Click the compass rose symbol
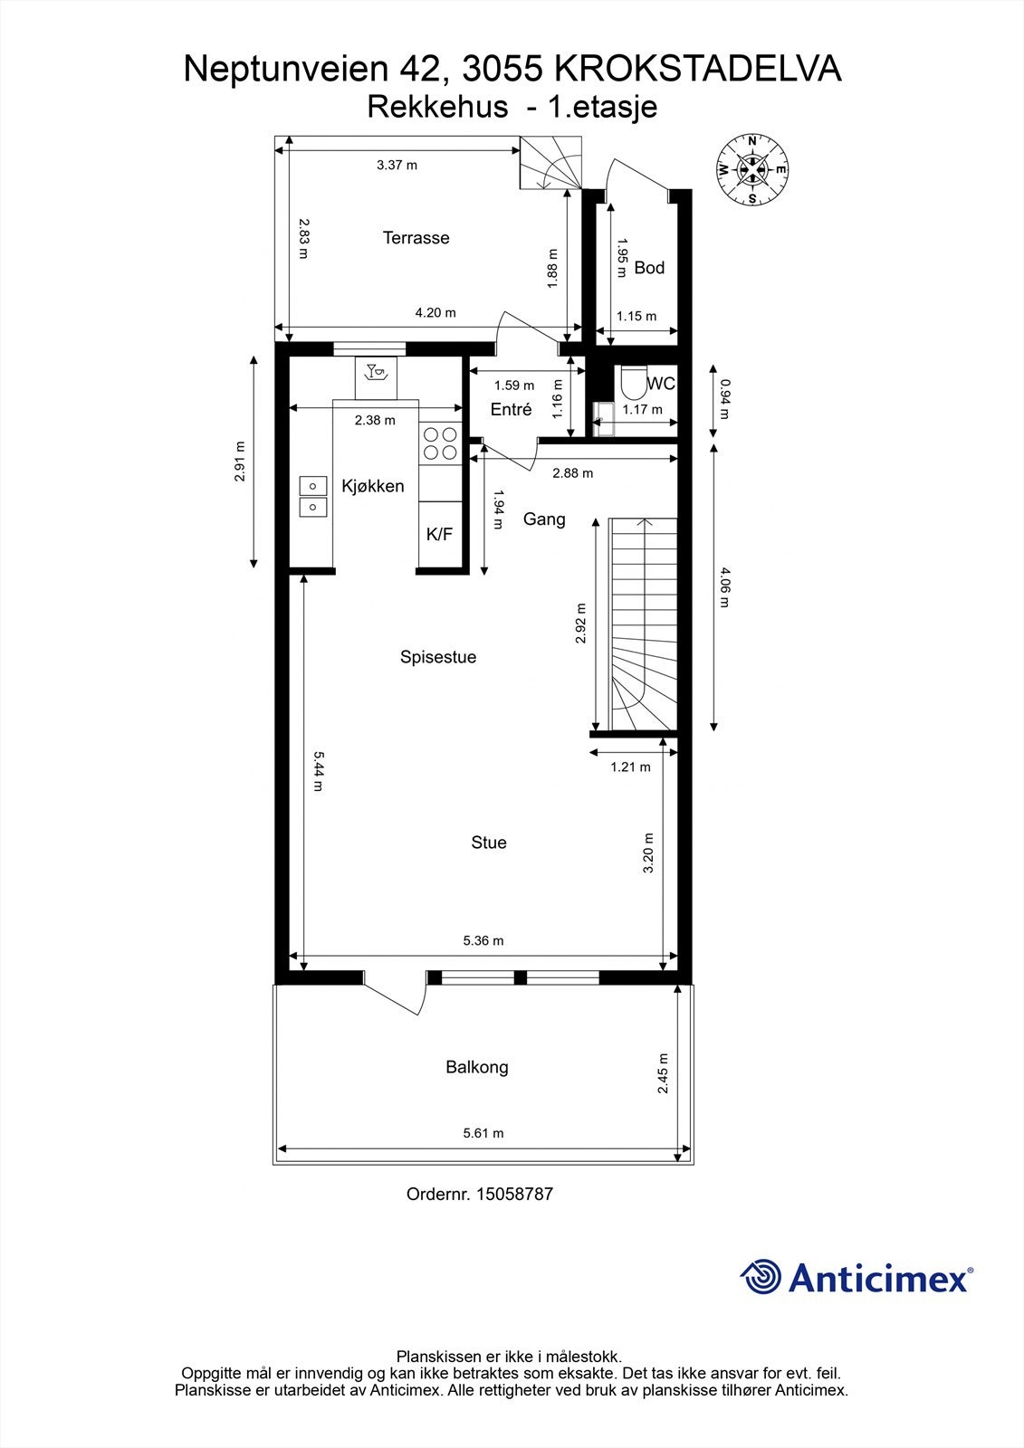(x=751, y=169)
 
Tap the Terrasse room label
(x=416, y=238)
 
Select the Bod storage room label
(x=649, y=268)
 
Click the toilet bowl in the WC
(x=632, y=381)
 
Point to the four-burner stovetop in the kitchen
(x=441, y=443)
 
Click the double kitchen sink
(x=313, y=497)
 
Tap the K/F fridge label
(x=439, y=535)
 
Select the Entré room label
(x=511, y=410)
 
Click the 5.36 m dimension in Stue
(x=483, y=941)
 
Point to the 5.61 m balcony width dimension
(x=483, y=1133)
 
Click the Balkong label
(x=477, y=1067)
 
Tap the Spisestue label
(x=438, y=657)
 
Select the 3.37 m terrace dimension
(x=397, y=166)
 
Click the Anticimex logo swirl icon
(x=761, y=1277)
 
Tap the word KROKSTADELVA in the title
(x=696, y=70)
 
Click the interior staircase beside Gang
(x=644, y=624)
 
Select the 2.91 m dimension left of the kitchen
(x=240, y=461)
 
